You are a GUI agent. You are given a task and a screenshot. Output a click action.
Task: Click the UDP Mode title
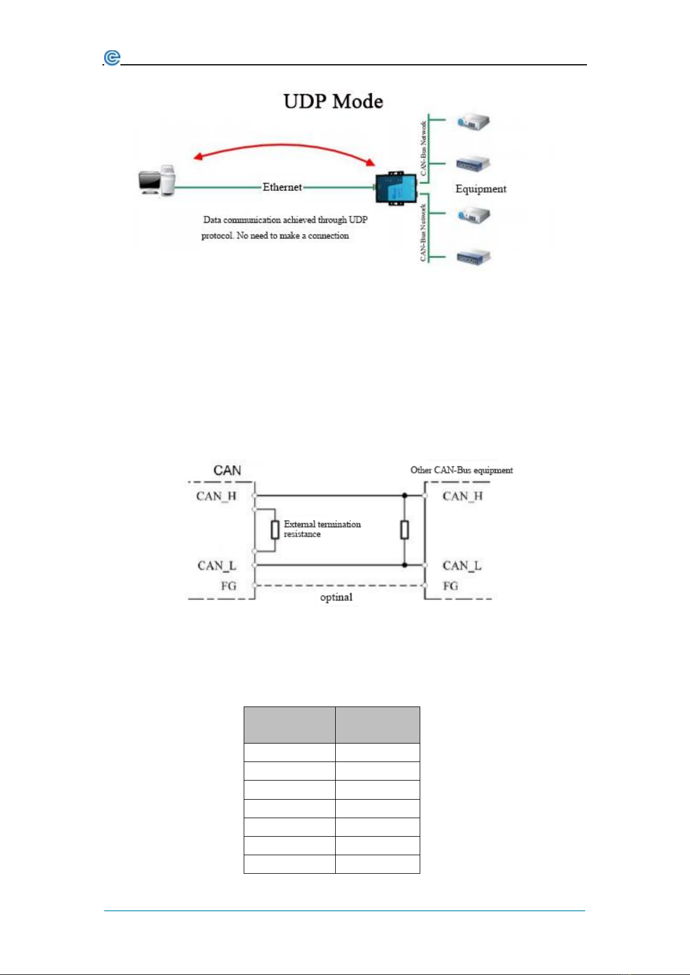(x=333, y=101)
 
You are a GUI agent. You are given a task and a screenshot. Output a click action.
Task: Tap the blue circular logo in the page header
(x=112, y=58)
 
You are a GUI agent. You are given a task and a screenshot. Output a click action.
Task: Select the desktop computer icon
(x=157, y=181)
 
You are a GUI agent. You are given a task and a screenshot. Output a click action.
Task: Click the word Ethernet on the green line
(x=282, y=187)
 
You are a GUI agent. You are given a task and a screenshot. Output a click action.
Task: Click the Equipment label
(x=480, y=189)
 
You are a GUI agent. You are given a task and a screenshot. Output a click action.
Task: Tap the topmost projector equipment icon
(x=473, y=122)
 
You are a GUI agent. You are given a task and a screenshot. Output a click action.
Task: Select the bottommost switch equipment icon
(x=474, y=257)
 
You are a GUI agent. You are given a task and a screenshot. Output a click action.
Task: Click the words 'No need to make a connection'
(x=292, y=236)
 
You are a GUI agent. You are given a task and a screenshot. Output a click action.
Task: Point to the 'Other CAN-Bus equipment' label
(x=461, y=470)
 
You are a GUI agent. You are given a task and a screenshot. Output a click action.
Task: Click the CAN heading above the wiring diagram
(x=227, y=470)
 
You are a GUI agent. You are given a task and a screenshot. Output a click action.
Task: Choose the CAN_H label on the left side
(x=216, y=496)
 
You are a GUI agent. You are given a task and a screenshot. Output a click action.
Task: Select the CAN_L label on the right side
(x=462, y=566)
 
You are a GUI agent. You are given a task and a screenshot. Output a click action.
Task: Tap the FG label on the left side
(x=229, y=586)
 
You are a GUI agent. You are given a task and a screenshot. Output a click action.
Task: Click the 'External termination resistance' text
(x=322, y=529)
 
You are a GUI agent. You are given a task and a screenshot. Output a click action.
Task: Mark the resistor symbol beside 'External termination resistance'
(x=275, y=530)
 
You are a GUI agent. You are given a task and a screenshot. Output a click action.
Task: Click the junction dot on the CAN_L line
(x=405, y=565)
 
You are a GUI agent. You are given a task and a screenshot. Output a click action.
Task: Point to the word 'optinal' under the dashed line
(x=336, y=597)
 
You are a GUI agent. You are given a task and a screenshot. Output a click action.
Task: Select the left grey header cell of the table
(x=289, y=725)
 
